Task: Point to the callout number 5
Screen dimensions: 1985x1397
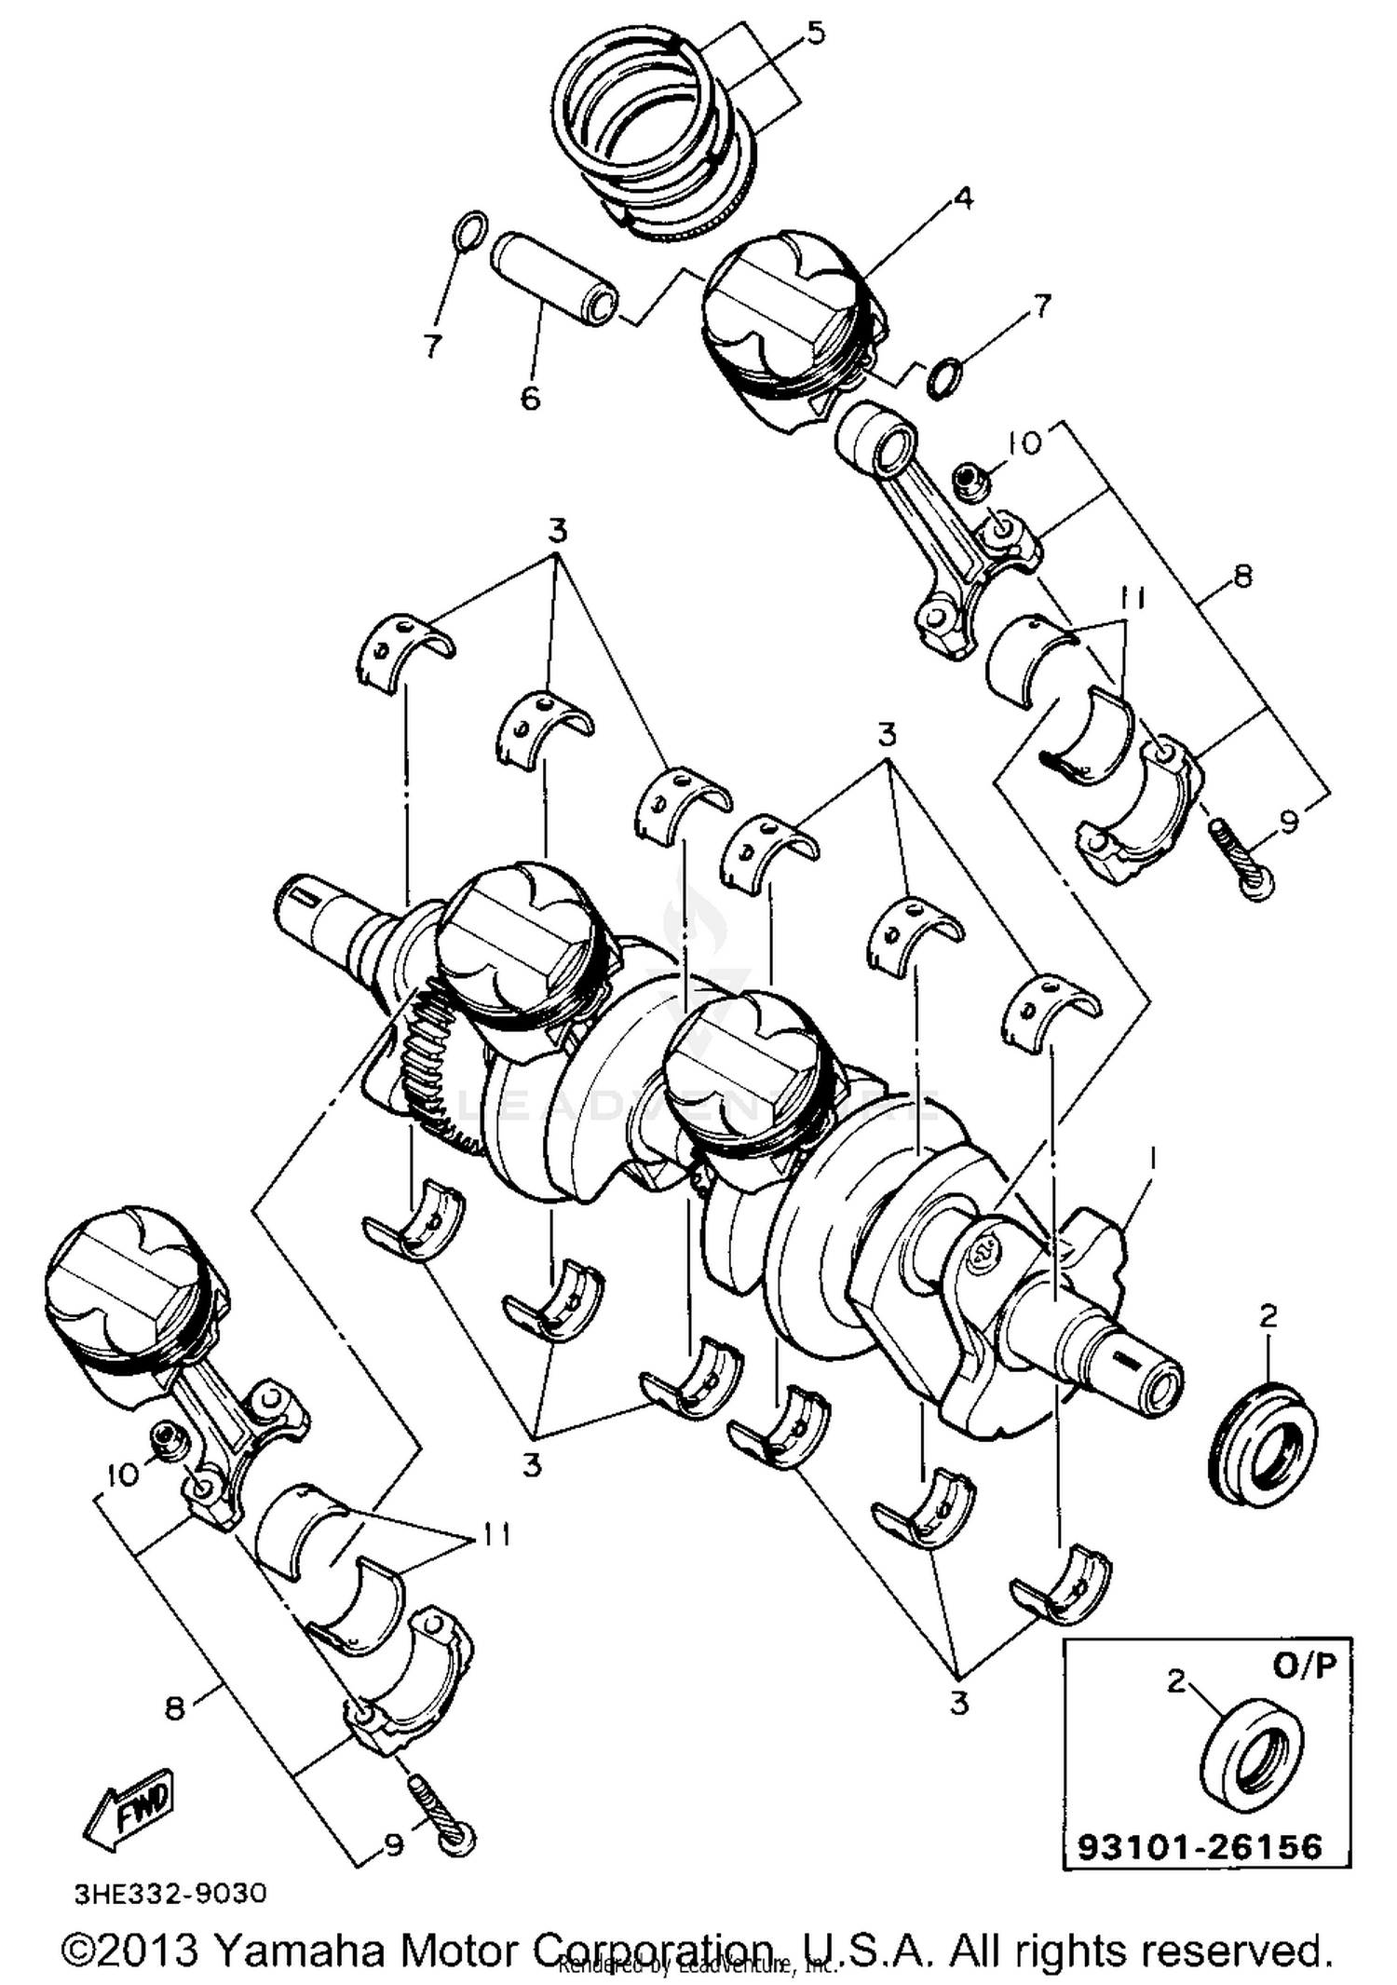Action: (815, 34)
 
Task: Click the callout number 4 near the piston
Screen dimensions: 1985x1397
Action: (963, 197)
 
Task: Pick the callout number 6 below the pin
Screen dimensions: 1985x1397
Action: (529, 399)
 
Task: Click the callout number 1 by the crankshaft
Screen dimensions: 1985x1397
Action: (1152, 1159)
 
